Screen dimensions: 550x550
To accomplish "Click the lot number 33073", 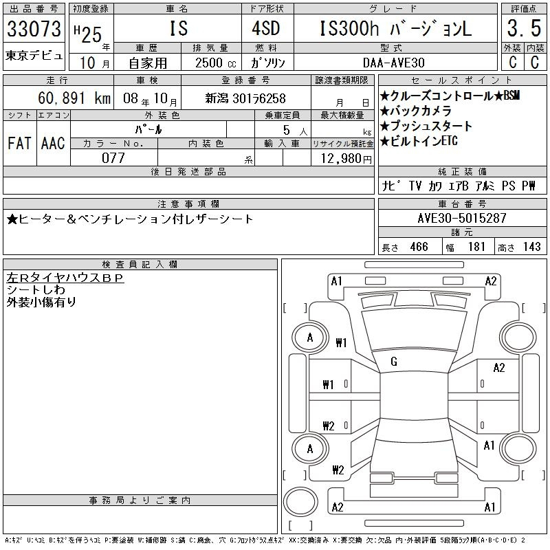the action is coord(34,29).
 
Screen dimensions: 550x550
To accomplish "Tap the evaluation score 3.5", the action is coord(524,28).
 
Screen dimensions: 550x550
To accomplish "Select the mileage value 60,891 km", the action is coord(74,98).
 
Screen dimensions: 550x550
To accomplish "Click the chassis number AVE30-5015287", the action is coord(462,218).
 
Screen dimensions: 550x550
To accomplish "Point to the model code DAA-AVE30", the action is coord(394,63).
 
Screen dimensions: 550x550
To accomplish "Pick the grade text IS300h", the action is coord(349,28).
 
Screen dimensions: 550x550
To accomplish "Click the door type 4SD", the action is coord(266,28).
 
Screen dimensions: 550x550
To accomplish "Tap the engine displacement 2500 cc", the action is coord(215,63).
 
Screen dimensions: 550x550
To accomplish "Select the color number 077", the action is coord(113,158).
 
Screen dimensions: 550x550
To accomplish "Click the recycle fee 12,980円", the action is coord(346,159).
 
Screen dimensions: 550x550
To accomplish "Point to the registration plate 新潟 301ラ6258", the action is coord(245,98).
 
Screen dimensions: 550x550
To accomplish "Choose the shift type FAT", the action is coord(19,143).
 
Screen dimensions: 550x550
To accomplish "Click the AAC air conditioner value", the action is coord(53,143).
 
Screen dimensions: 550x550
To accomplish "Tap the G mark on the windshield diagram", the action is coord(394,362).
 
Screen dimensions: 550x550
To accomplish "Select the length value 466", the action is coord(419,247).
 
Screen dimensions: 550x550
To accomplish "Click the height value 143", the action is coord(531,247).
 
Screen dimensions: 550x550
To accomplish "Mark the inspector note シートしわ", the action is coord(36,289).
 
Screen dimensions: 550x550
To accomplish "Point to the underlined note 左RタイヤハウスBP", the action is coord(65,278).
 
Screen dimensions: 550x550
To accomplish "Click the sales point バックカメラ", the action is coord(416,111).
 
